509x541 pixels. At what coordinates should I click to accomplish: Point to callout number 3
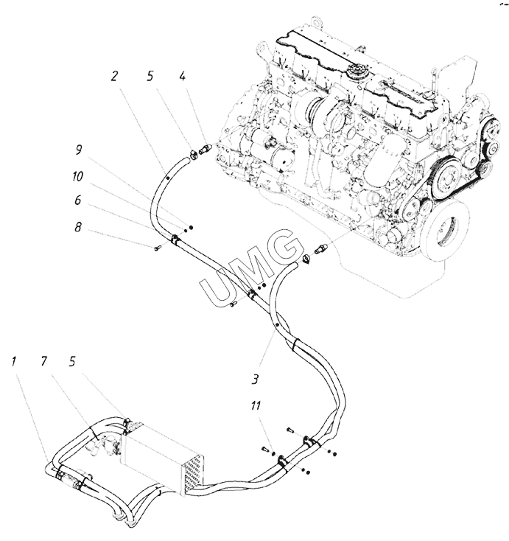pyautogui.click(x=254, y=380)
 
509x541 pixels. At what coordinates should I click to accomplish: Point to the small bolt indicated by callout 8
pyautogui.click(x=158, y=248)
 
